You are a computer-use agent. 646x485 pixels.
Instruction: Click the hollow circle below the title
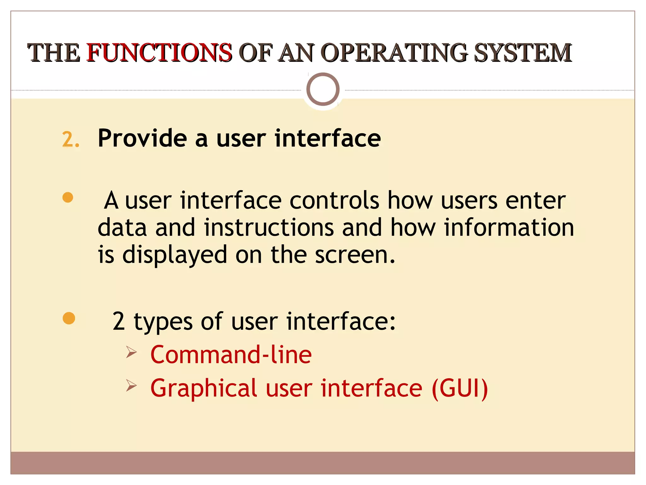click(323, 89)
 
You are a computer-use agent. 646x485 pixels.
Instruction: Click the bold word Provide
click(142, 138)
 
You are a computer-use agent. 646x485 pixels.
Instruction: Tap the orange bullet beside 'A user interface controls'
click(68, 198)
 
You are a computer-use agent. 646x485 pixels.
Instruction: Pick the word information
click(509, 227)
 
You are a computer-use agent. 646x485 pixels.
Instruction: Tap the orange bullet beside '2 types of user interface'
click(69, 318)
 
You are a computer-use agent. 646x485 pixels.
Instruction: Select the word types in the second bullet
click(163, 321)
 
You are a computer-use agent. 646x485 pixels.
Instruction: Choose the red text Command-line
click(231, 355)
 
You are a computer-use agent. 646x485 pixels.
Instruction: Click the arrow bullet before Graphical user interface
click(131, 386)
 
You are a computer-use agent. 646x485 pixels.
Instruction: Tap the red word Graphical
click(204, 388)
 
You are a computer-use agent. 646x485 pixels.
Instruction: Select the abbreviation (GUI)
click(460, 388)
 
